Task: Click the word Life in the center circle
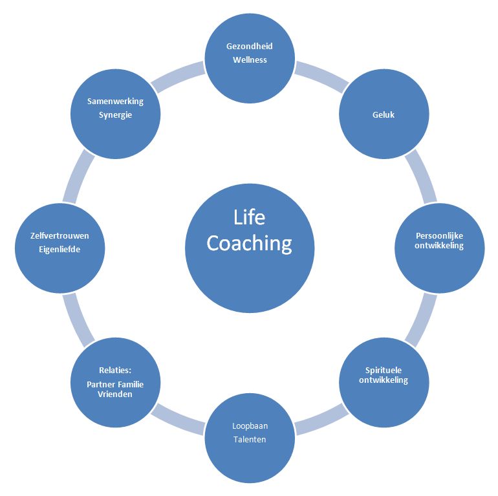click(x=250, y=217)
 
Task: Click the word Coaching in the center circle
click(x=250, y=244)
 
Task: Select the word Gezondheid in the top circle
click(x=250, y=47)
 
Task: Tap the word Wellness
click(x=250, y=59)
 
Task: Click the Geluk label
click(x=384, y=114)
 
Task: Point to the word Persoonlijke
click(x=439, y=235)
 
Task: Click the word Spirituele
click(x=384, y=371)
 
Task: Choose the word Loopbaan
click(x=250, y=426)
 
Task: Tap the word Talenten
click(x=250, y=440)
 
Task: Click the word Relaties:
click(x=115, y=371)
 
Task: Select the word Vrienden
click(x=115, y=394)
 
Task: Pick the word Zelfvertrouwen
click(x=60, y=236)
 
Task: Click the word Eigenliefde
click(x=60, y=249)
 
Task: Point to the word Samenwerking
click(x=115, y=101)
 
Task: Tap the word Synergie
click(x=115, y=114)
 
